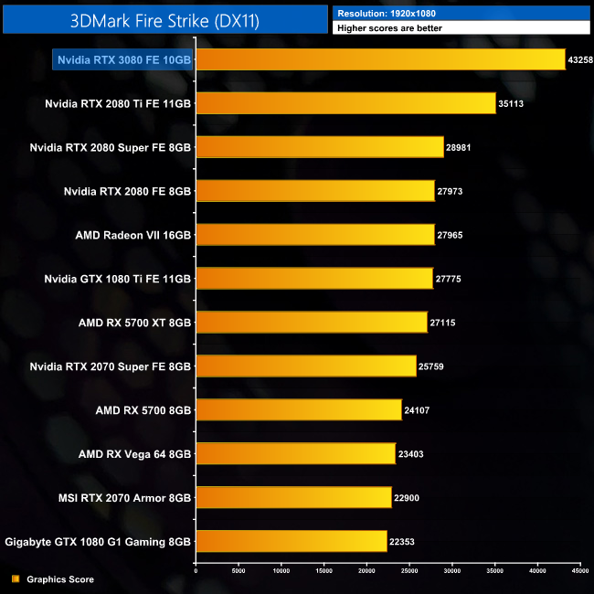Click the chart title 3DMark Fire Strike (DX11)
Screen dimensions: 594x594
164,20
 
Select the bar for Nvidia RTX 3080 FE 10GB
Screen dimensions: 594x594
381,59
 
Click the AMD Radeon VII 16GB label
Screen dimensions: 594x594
133,235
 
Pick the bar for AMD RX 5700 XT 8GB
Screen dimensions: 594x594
312,323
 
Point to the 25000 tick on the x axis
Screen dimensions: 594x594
409,571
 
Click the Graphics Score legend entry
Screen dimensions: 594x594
60,579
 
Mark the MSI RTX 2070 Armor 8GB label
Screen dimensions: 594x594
123,498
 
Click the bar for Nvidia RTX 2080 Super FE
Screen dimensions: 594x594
320,147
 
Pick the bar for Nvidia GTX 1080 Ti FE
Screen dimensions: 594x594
314,279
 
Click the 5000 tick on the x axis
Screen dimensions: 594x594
239,571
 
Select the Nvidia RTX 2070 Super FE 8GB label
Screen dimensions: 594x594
111,366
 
